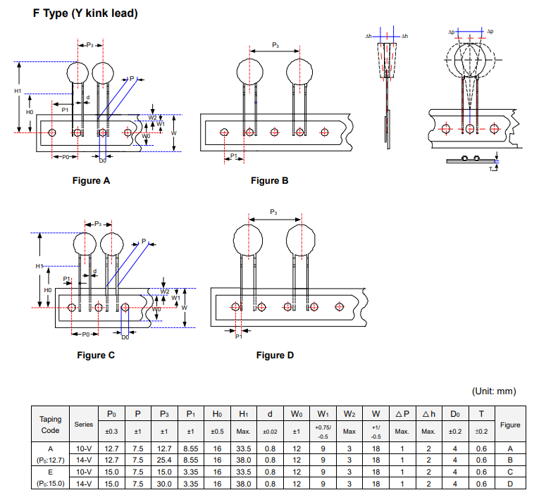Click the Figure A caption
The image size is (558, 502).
tap(92, 181)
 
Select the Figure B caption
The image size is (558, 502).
tap(269, 181)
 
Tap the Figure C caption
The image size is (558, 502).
tap(96, 355)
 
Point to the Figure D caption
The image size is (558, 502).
tap(274, 355)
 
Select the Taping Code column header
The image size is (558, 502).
tap(50, 425)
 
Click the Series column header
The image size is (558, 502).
tap(84, 425)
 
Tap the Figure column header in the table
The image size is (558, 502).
tap(510, 425)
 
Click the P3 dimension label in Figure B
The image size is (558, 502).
tap(275, 44)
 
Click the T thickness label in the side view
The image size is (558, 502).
tap(490, 169)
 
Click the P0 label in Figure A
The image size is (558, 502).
tap(64, 157)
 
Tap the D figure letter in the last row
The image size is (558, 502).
tap(510, 484)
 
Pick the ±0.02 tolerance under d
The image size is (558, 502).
tap(270, 432)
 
